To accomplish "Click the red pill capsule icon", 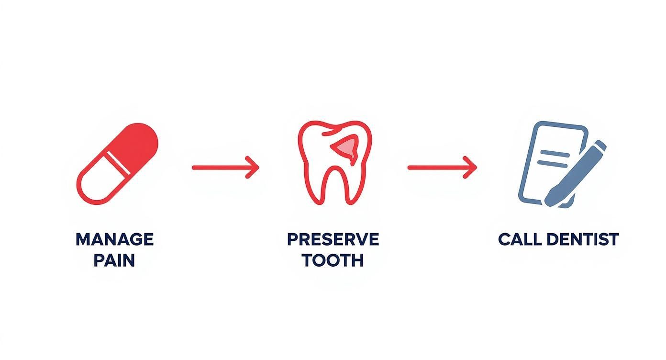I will tap(117, 164).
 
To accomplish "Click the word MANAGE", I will tap(114, 239).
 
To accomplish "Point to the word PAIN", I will tap(114, 260).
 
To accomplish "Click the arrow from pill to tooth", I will tap(225, 168).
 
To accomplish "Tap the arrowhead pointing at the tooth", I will tap(253, 168).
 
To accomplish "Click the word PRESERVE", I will tap(333, 239).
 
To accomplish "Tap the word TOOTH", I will tap(333, 260).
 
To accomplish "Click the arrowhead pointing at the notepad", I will tap(471, 168).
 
